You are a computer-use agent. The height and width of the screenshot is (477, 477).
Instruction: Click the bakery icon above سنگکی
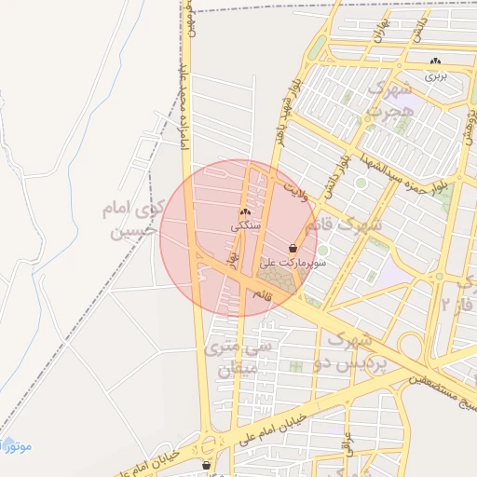pyautogui.click(x=245, y=212)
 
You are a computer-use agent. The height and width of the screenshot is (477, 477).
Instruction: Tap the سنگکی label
pyautogui.click(x=246, y=226)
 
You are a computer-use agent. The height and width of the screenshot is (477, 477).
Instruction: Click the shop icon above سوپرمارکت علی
pyautogui.click(x=294, y=249)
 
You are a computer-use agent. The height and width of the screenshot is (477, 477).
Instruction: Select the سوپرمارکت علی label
pyautogui.click(x=294, y=264)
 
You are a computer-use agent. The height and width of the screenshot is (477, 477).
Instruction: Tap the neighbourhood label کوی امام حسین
pyautogui.click(x=130, y=219)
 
